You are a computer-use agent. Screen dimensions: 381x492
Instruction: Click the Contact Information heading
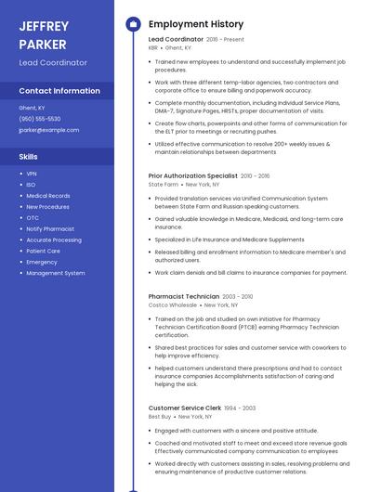59,91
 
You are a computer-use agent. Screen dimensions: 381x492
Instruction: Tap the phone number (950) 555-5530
40,119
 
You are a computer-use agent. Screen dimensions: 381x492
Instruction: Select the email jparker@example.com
49,130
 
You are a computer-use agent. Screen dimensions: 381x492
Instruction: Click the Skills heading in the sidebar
29,157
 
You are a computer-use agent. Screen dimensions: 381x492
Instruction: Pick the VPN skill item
32,174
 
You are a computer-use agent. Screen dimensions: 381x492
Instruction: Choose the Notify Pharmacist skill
50,228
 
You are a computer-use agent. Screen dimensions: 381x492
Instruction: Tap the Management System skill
56,273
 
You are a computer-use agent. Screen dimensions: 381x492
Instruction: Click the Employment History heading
196,24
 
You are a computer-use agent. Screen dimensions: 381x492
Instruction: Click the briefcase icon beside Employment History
132,24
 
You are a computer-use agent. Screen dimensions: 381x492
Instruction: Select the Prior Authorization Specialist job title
192,175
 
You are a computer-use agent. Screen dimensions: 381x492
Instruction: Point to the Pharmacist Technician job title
184,296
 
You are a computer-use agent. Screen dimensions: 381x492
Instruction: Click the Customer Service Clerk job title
185,408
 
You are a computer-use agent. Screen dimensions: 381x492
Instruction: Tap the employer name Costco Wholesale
173,304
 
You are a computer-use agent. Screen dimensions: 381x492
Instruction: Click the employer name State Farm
164,184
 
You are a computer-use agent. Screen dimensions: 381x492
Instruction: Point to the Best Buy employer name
160,417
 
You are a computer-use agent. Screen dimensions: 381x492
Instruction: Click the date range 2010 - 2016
256,175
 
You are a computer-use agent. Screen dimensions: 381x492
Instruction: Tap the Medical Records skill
48,196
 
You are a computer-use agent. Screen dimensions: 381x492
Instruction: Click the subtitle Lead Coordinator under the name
53,62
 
